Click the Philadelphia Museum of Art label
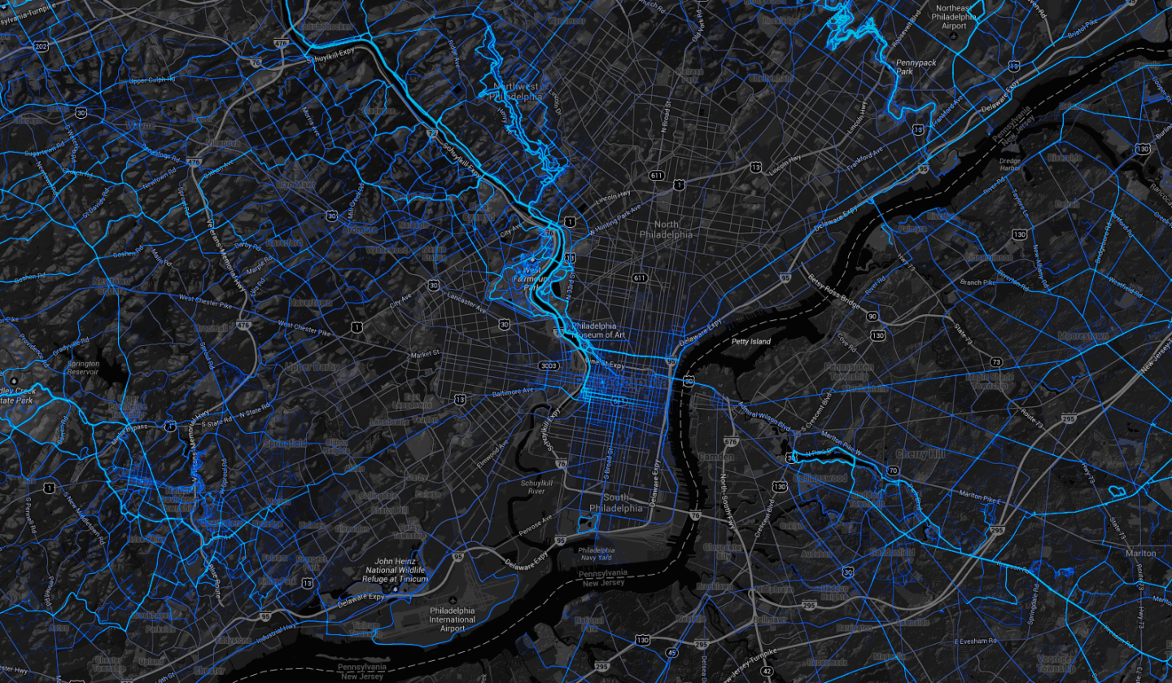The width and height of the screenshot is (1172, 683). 598,330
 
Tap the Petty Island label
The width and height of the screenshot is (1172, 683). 750,342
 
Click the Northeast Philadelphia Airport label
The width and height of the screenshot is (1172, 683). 954,15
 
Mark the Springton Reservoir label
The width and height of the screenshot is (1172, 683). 83,367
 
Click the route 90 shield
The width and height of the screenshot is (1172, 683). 872,316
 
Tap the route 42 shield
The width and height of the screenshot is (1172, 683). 766,670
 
